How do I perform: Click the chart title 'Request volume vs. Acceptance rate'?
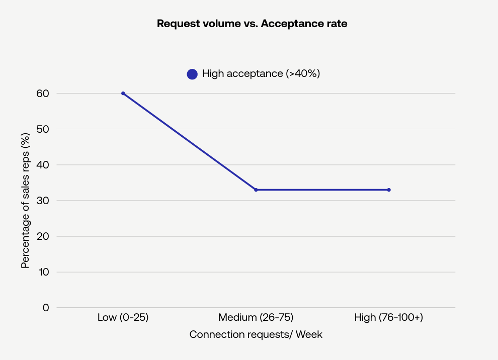[x=252, y=24]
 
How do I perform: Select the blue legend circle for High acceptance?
[x=192, y=74]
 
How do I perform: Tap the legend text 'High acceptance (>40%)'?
[x=261, y=73]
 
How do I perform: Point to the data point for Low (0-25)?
[x=123, y=94]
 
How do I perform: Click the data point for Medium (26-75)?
[x=256, y=190]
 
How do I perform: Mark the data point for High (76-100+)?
[x=389, y=190]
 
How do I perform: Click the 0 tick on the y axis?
[x=46, y=308]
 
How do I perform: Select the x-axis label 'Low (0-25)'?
[x=123, y=318]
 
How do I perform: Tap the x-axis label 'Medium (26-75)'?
[x=256, y=318]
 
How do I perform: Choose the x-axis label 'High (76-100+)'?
[x=389, y=318]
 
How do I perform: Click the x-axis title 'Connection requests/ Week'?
[x=256, y=335]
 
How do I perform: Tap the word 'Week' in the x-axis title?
[x=309, y=335]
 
